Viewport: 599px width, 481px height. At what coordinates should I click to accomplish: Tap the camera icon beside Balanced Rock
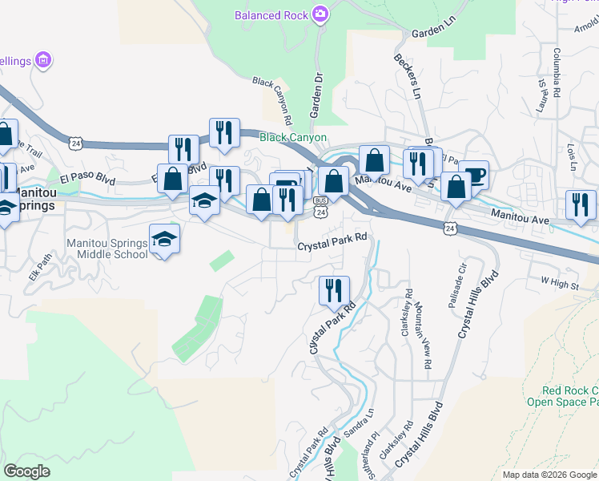[320, 14]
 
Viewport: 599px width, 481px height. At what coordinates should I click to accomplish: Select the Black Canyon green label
[292, 138]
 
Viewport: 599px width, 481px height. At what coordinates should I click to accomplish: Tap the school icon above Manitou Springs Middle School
[165, 240]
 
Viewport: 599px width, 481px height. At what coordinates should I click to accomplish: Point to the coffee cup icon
[473, 175]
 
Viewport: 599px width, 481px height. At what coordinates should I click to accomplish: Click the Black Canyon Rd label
[270, 95]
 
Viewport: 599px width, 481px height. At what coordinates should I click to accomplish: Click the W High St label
[559, 281]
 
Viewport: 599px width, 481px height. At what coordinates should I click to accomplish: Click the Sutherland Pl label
[374, 455]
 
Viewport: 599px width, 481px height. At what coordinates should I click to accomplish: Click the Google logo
[27, 471]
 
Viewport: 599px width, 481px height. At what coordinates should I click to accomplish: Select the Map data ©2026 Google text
[549, 475]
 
